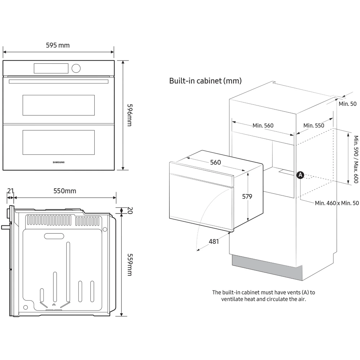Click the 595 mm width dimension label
coord(58,45)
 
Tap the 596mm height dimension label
coord(129,115)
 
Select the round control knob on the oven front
coord(76,68)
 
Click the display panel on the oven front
coord(51,68)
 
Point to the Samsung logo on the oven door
coord(59,162)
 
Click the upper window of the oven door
coord(58,105)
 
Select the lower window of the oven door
coord(58,142)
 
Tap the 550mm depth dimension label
coord(65,191)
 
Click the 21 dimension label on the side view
coord(10,191)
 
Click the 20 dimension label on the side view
coord(129,210)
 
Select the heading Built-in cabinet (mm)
coord(205,81)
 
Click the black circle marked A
coord(300,175)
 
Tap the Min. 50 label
coord(347,104)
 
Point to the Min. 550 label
coord(314,126)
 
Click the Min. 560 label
coord(263,126)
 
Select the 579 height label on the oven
coord(247,197)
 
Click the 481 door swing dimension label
coord(214,242)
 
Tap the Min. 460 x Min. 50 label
coord(337,203)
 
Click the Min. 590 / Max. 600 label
coord(356,159)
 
